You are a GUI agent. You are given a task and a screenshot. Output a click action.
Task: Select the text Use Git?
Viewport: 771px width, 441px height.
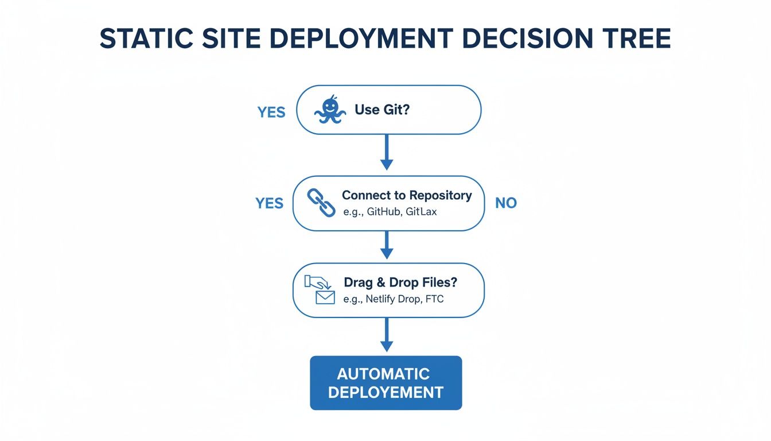pos(382,110)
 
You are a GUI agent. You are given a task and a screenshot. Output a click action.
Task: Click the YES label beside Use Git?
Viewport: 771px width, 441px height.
pos(271,112)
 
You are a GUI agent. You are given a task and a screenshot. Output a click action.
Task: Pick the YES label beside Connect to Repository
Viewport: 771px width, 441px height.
pos(269,203)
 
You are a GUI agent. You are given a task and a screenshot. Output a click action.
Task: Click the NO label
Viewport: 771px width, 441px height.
pos(505,203)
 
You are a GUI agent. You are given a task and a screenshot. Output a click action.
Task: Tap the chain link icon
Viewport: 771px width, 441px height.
pos(322,204)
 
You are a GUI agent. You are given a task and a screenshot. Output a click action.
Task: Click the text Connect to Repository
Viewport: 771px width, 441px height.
pos(407,195)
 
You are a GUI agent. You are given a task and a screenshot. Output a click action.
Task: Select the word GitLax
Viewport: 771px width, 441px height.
pos(421,212)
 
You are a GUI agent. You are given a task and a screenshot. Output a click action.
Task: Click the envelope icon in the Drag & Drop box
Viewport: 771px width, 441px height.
pos(325,297)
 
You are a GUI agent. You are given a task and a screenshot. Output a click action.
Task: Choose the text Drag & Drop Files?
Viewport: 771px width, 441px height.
pos(400,283)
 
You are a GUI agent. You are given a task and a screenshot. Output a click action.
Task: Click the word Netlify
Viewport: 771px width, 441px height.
pos(381,299)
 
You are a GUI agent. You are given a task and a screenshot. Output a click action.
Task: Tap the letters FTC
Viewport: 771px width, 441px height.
pos(435,299)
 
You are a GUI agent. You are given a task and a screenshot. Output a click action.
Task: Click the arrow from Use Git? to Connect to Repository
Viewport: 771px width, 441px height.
pos(387,152)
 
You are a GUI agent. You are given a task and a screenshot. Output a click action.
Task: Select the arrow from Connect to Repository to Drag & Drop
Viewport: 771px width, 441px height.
pos(387,245)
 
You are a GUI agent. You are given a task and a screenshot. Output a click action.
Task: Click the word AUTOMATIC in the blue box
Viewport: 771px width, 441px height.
pos(383,374)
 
